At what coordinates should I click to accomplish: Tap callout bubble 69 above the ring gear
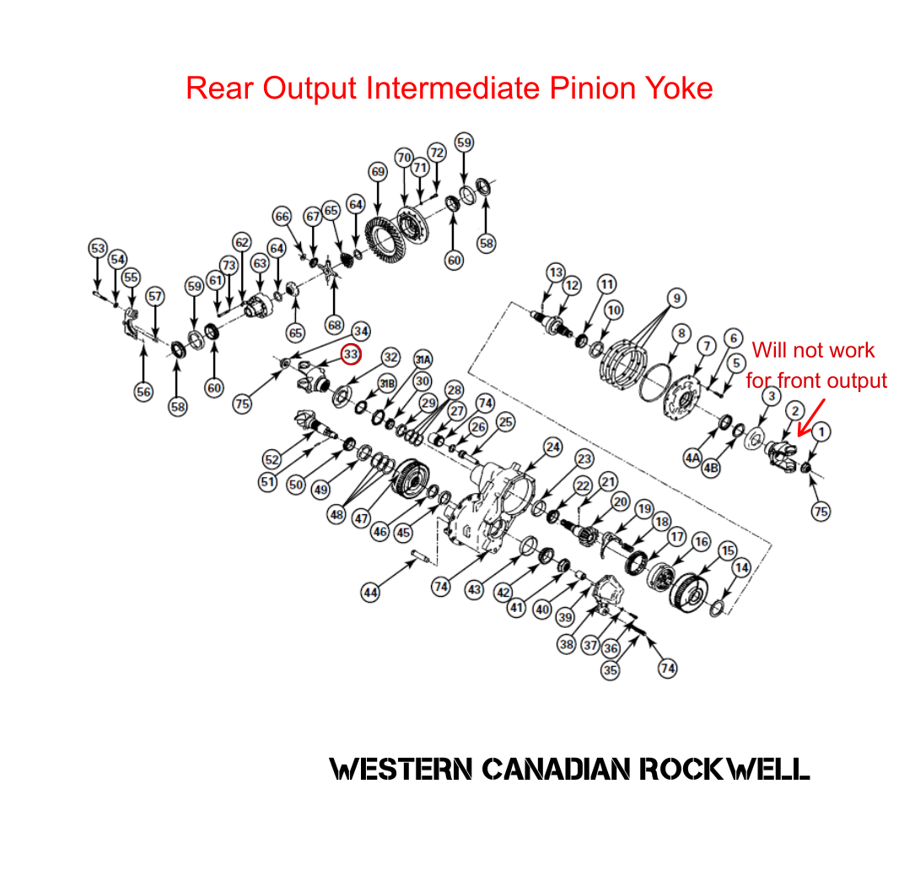(x=377, y=172)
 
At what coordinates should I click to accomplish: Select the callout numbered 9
(x=676, y=298)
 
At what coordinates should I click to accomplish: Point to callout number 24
(x=552, y=446)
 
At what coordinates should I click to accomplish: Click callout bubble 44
(x=370, y=593)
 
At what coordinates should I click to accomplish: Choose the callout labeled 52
(x=271, y=459)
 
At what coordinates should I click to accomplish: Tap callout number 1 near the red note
(x=821, y=432)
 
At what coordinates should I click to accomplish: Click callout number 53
(x=99, y=248)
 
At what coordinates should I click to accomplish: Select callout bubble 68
(x=335, y=325)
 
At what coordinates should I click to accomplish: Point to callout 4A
(x=692, y=458)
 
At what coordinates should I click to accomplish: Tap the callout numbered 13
(x=555, y=272)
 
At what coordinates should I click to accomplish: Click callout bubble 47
(x=361, y=518)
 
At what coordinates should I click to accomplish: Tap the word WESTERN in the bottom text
(x=400, y=768)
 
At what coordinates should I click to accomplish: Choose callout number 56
(x=144, y=391)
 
